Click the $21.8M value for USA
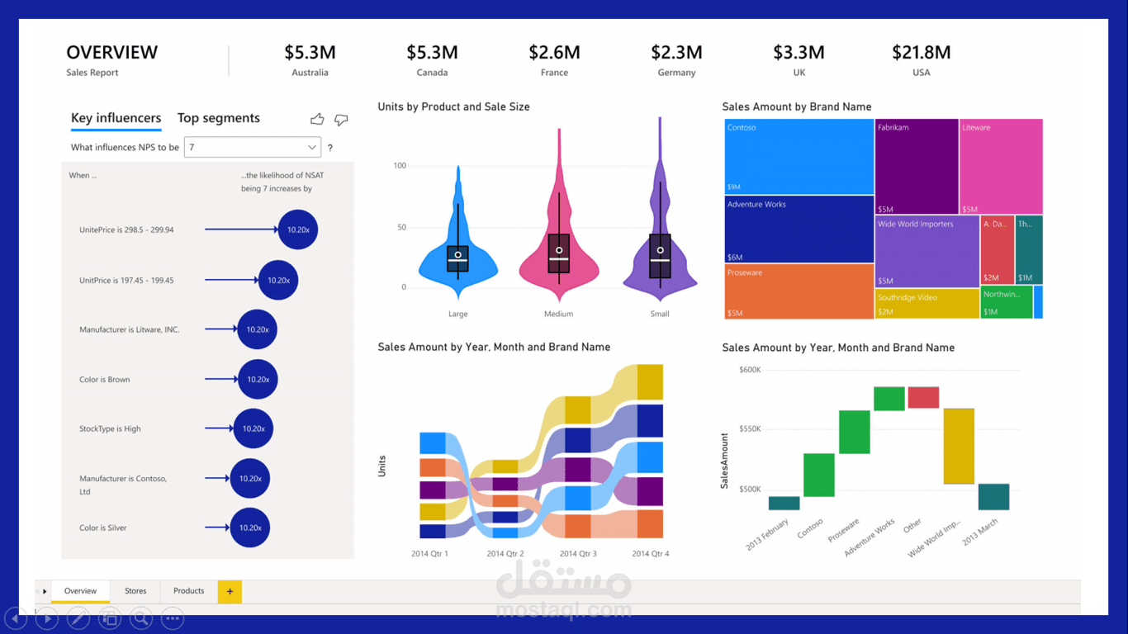pyautogui.click(x=921, y=53)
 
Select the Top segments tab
pyautogui.click(x=218, y=118)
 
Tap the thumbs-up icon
pyautogui.click(x=317, y=120)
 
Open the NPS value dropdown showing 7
pyautogui.click(x=253, y=148)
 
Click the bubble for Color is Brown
pyautogui.click(x=258, y=380)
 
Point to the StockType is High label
pyautogui.click(x=110, y=429)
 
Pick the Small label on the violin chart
pyautogui.click(x=660, y=314)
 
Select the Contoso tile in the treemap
pyautogui.click(x=799, y=157)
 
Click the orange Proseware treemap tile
pyautogui.click(x=799, y=291)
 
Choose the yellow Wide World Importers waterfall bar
pyautogui.click(x=959, y=446)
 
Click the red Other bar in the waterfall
pyautogui.click(x=923, y=397)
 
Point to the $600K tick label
pyautogui.click(x=750, y=370)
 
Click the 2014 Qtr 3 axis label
pyautogui.click(x=578, y=554)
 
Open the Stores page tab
pyautogui.click(x=135, y=591)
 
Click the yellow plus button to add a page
pyautogui.click(x=230, y=591)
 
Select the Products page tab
pyautogui.click(x=188, y=591)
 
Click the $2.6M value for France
pyautogui.click(x=554, y=53)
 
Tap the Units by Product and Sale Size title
pyautogui.click(x=453, y=107)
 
